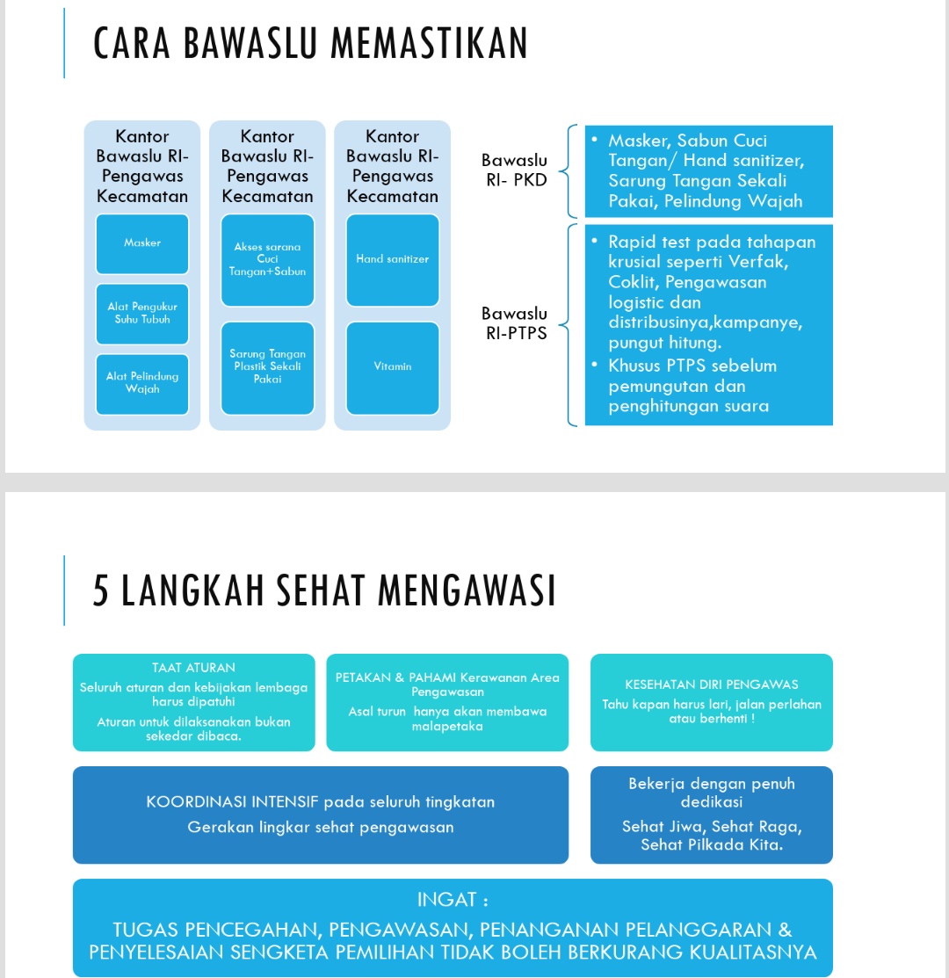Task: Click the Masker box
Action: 142,243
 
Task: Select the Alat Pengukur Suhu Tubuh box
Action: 142,313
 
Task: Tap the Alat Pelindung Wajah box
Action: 142,383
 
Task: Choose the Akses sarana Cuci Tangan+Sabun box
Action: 267,259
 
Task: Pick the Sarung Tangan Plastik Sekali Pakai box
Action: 267,366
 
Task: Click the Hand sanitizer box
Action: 392,259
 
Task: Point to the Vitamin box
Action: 392,366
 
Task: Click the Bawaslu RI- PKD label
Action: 514,170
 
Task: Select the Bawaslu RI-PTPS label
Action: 516,323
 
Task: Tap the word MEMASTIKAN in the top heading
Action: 420,44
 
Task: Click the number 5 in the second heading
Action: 102,591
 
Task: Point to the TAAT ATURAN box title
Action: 193,668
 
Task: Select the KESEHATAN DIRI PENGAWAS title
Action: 711,685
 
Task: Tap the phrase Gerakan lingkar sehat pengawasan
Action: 321,827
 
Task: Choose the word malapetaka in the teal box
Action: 447,727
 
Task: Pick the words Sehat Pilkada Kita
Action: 712,845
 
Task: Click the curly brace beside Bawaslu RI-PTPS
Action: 569,325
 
